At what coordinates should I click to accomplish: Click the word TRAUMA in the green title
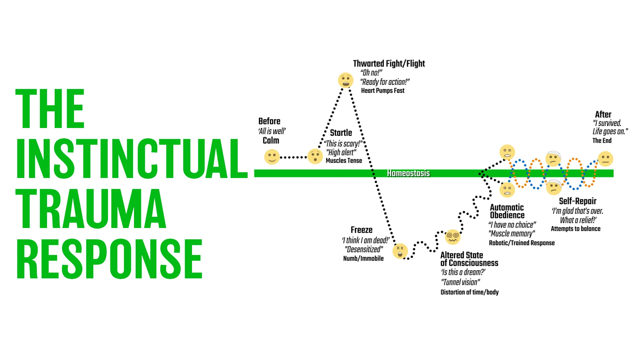coord(91,208)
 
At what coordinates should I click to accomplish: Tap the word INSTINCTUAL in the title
coord(132,159)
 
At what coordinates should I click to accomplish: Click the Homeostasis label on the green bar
coord(408,173)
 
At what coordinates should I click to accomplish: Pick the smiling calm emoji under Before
coord(272,157)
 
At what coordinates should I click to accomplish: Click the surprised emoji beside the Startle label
coord(315,156)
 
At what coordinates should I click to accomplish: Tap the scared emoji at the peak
coord(345,80)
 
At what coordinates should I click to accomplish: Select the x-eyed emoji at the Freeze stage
coord(400,251)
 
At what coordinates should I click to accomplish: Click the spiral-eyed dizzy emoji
coord(453,237)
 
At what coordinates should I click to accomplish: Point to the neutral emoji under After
coord(605,159)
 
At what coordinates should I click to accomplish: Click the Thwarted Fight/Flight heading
coord(389,63)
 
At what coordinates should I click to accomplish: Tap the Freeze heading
coord(361,230)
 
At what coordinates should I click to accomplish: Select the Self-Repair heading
coord(577,201)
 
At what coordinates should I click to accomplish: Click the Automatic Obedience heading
coord(507,211)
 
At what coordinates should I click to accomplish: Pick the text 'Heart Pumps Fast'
coord(383,91)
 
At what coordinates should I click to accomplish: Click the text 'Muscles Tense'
coord(344,161)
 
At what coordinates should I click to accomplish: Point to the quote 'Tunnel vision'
coord(461,282)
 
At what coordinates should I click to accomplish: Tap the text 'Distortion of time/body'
coord(469,292)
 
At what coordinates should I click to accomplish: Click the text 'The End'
coord(602,141)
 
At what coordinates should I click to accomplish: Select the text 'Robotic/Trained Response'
coord(522,243)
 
